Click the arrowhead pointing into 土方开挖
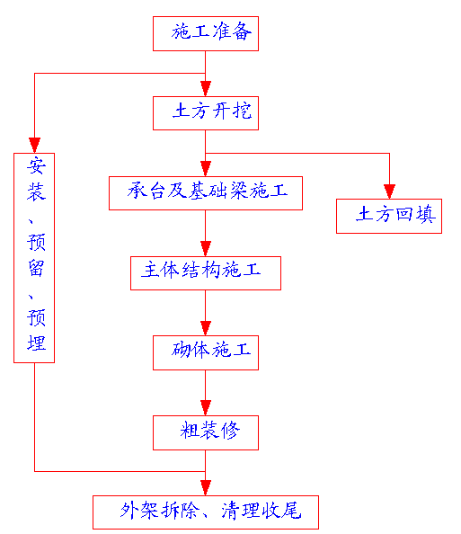pyautogui.click(x=206, y=88)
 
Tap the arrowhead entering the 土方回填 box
pyautogui.click(x=389, y=191)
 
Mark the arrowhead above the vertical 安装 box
pyautogui.click(x=34, y=146)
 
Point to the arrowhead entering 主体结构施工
pyautogui.click(x=206, y=249)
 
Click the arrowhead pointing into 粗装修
pyautogui.click(x=206, y=407)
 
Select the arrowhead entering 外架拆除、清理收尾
pyautogui.click(x=206, y=487)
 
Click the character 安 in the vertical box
pyautogui.click(x=36, y=166)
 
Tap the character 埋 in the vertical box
pyautogui.click(x=36, y=343)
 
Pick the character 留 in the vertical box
pyautogui.click(x=36, y=268)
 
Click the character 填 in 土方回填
pyautogui.click(x=426, y=214)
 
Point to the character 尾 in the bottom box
pyautogui.click(x=291, y=511)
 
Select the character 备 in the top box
pyautogui.click(x=242, y=31)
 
